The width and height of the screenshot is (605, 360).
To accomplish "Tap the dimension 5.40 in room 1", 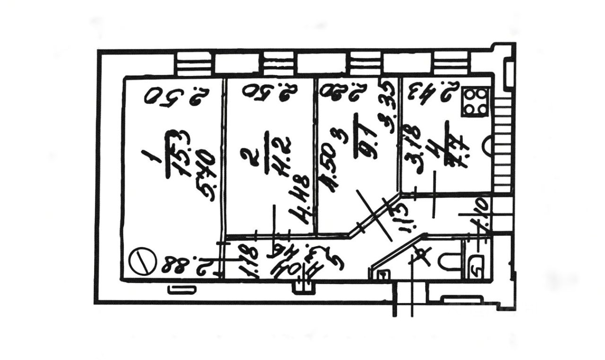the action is [x=204, y=177].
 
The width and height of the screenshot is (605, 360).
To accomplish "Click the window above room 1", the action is [x=195, y=64].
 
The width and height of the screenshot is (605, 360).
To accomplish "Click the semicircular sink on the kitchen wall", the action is [x=490, y=144].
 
